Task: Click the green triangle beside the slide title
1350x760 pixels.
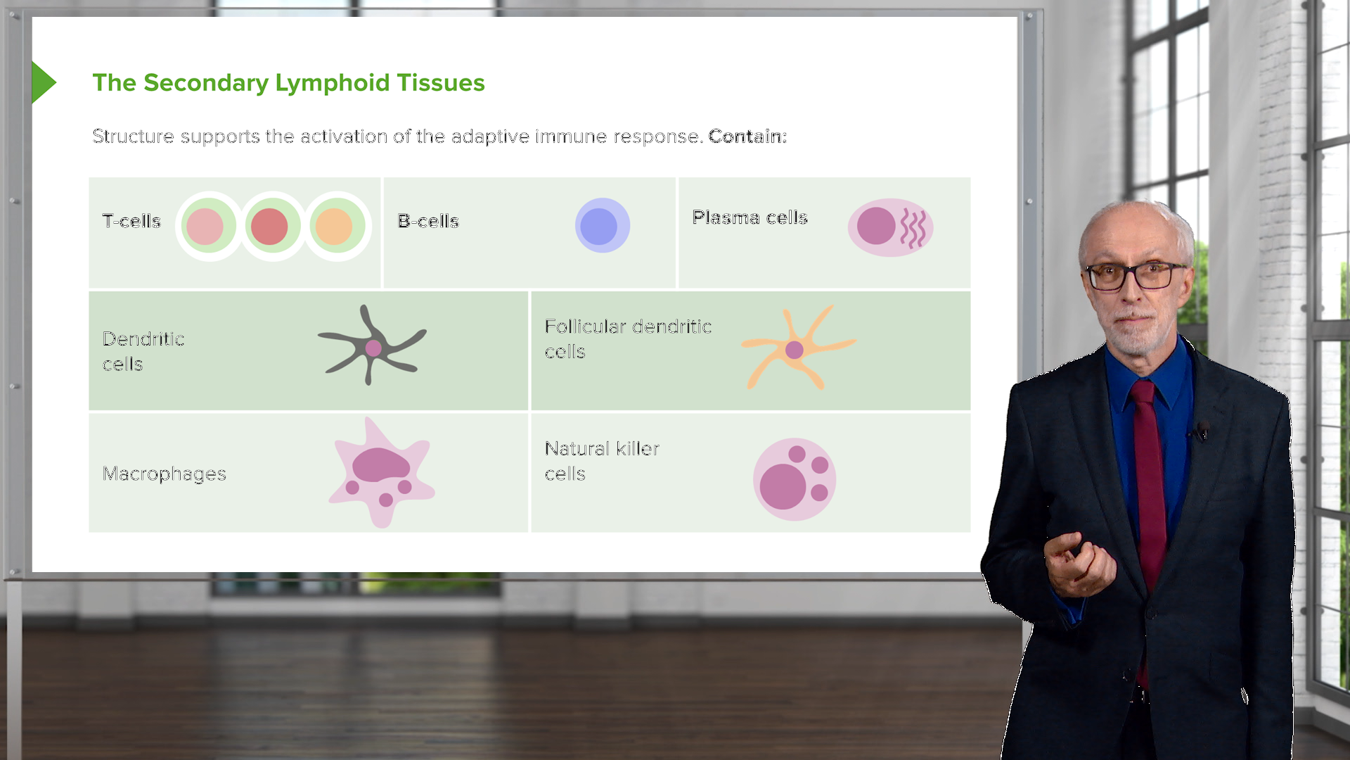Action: click(42, 82)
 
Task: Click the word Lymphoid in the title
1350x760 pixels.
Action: click(332, 83)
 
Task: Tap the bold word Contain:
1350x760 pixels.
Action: click(747, 137)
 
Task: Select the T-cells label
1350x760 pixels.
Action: click(131, 221)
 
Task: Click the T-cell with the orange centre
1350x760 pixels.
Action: click(335, 227)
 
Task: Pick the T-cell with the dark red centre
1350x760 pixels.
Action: click(270, 227)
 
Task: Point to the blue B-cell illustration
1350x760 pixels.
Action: click(602, 226)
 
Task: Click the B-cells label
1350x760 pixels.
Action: click(427, 221)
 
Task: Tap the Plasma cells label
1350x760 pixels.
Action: click(750, 217)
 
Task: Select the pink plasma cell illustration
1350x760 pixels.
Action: click(890, 227)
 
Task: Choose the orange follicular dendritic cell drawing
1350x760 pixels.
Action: click(797, 348)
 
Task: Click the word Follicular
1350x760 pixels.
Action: click(585, 327)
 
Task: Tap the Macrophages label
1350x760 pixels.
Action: click(164, 474)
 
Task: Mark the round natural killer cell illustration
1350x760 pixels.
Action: click(795, 479)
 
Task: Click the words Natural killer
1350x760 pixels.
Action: click(602, 448)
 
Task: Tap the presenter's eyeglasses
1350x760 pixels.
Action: click(1132, 276)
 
